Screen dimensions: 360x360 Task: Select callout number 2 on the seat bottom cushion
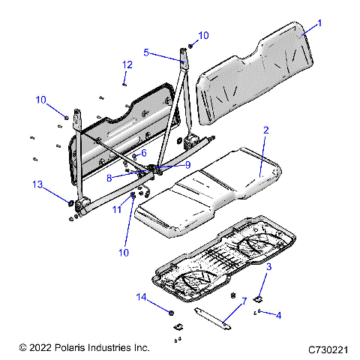(x=265, y=130)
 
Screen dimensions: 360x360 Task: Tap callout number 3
(x=269, y=266)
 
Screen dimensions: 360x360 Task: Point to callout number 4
(x=279, y=315)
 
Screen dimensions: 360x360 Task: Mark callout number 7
(x=243, y=301)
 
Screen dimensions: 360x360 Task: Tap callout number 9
(x=188, y=165)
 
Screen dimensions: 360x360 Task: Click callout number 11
(x=115, y=211)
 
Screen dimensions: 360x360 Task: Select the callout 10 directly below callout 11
(x=124, y=252)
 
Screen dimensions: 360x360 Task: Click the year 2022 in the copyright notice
(x=42, y=348)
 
